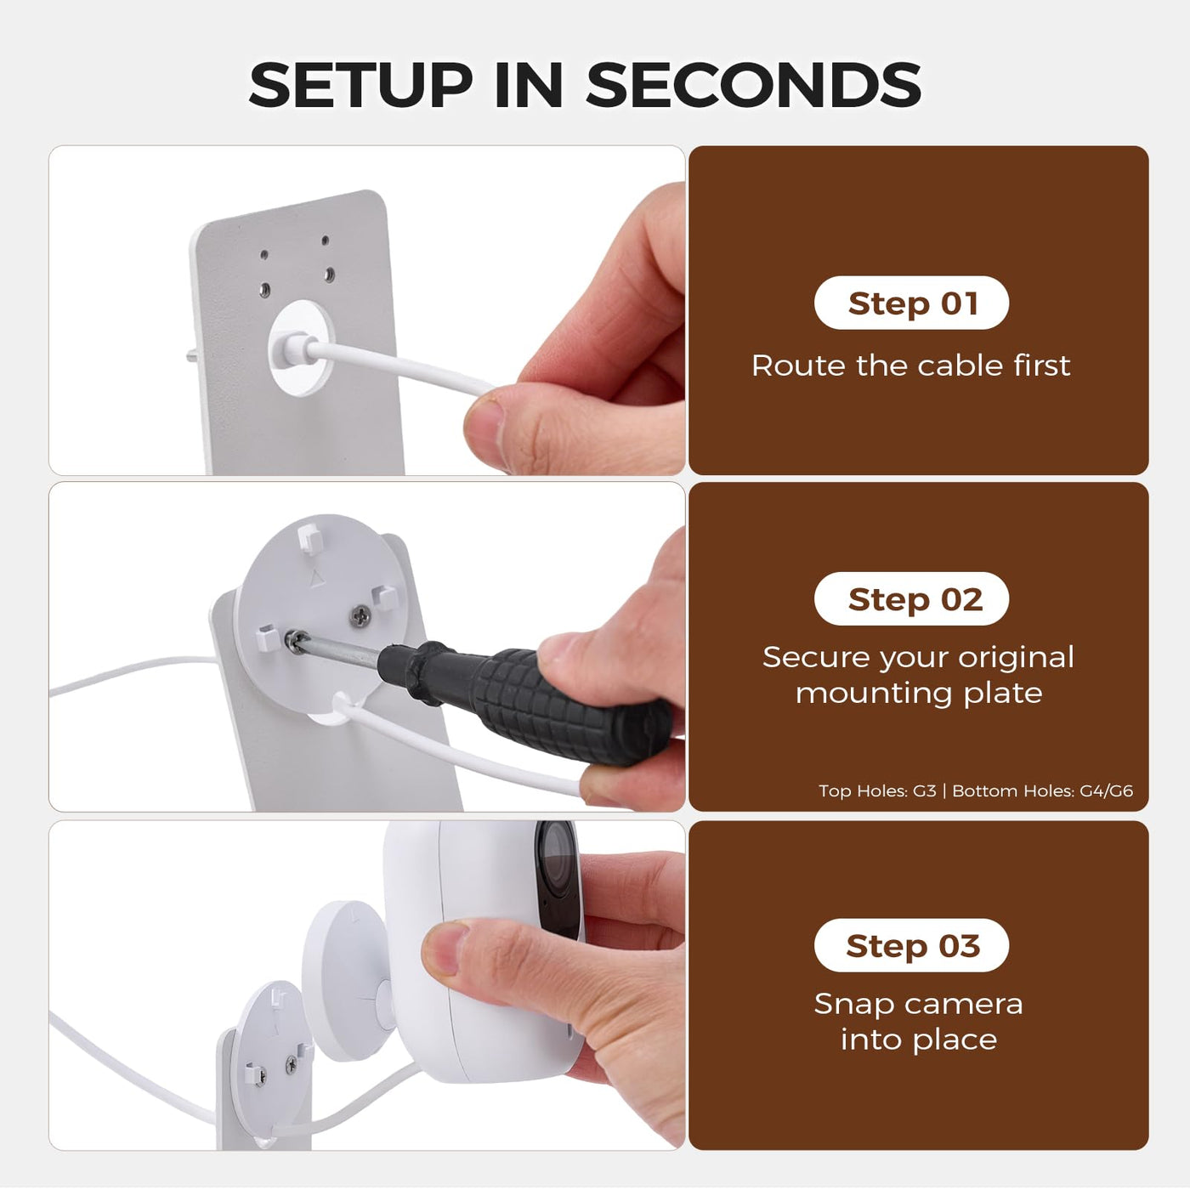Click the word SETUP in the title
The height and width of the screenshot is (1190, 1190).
[360, 84]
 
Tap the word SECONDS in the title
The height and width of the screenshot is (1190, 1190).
[753, 84]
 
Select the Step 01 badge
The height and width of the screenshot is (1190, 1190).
[911, 303]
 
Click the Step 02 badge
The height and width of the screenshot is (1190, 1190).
[911, 598]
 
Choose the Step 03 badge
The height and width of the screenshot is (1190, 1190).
[911, 945]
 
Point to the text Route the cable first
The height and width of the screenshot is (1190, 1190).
[911, 365]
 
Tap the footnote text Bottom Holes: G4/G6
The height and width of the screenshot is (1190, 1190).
[1042, 790]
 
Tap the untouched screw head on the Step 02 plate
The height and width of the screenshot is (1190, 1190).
[360, 614]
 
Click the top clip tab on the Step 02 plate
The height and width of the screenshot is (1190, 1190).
[310, 538]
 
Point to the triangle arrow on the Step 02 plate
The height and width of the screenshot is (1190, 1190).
[316, 577]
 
